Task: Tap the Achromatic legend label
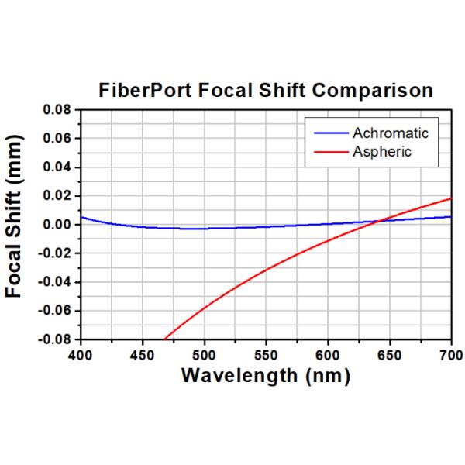(390, 133)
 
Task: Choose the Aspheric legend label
(382, 151)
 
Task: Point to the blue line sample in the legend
(326, 133)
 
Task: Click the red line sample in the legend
(326, 151)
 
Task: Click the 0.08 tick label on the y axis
(59, 110)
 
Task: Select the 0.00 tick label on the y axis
(59, 225)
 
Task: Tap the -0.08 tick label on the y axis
(57, 339)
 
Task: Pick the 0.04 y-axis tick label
(59, 167)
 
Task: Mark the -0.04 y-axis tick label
(57, 282)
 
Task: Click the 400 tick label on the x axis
(80, 354)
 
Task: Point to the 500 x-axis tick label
(204, 354)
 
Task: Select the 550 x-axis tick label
(266, 354)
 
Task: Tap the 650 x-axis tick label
(390, 354)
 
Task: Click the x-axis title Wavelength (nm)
(265, 376)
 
